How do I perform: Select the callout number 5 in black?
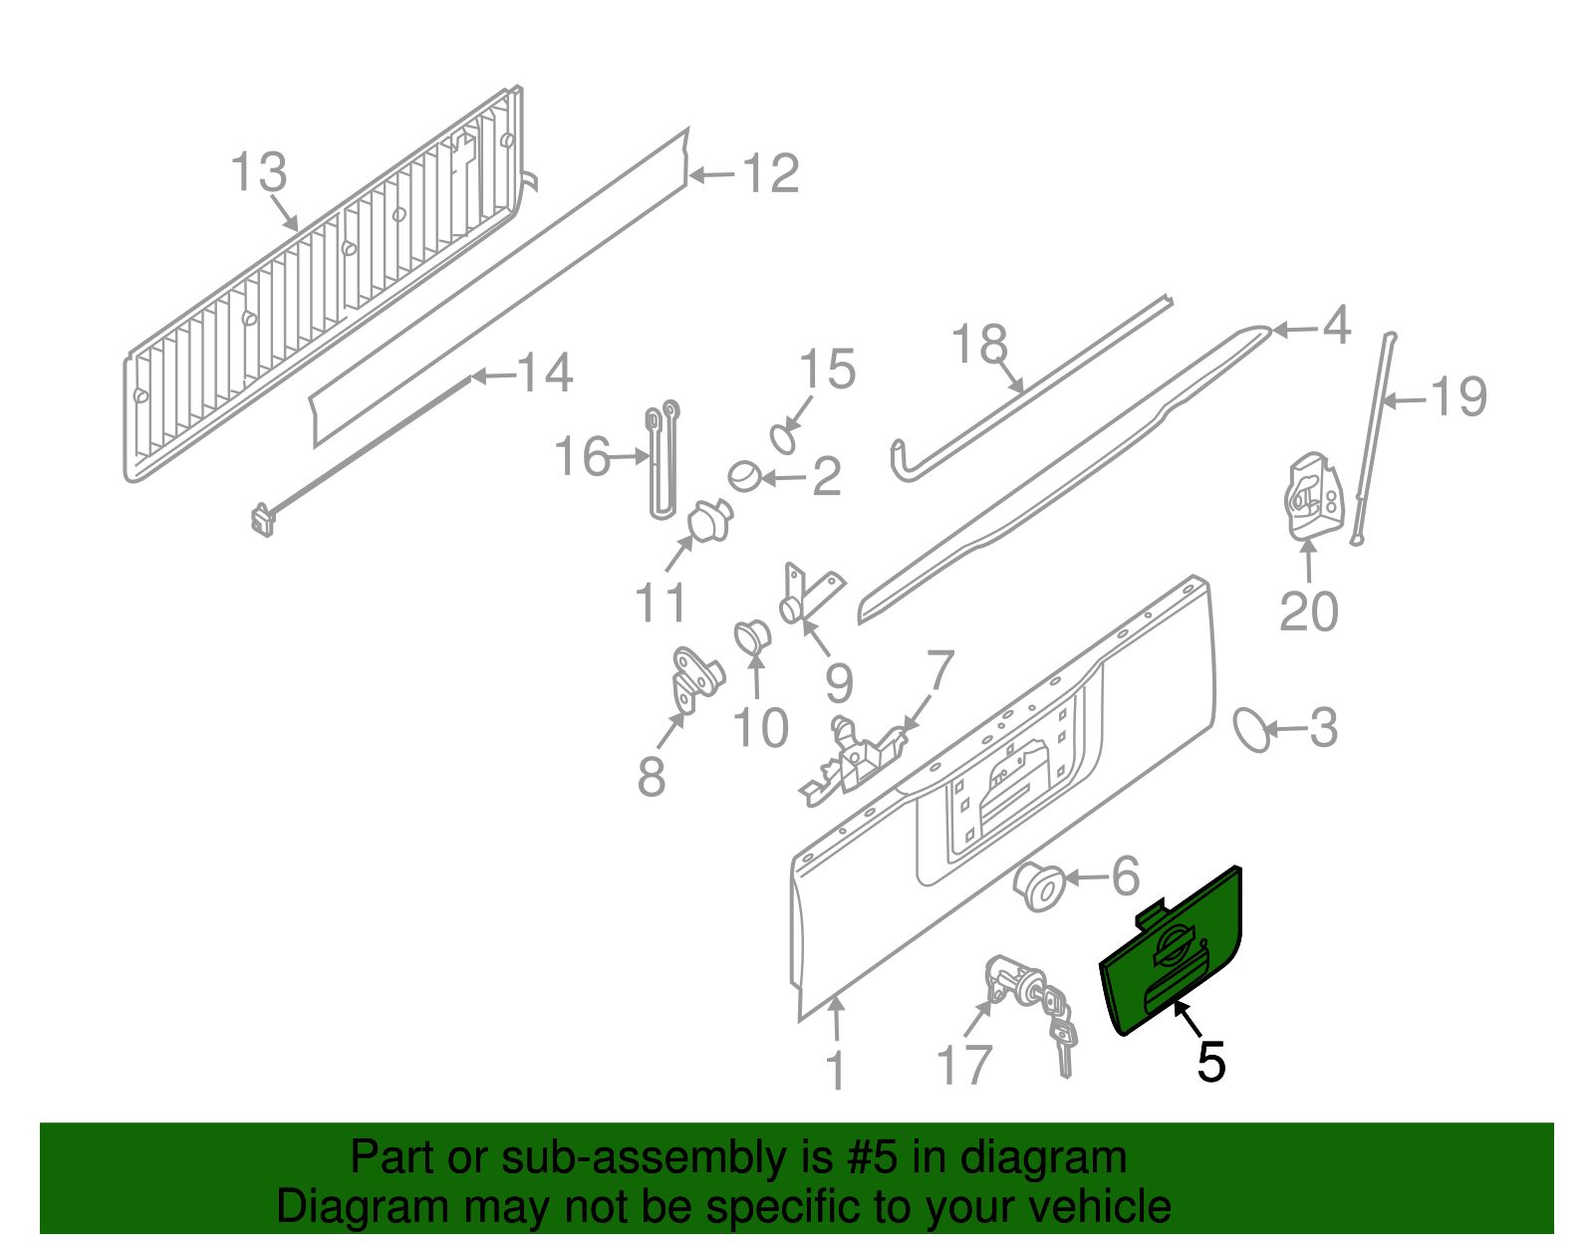click(x=1210, y=1062)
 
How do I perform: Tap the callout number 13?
click(x=259, y=172)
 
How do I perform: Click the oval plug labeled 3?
click(x=1251, y=730)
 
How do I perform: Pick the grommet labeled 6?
click(x=1038, y=886)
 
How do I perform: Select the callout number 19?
click(x=1459, y=397)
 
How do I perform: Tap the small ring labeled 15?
click(x=785, y=439)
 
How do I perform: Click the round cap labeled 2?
click(x=744, y=476)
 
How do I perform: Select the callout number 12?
click(x=770, y=174)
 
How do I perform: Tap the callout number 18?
click(x=980, y=345)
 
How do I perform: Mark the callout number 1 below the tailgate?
click(x=835, y=1072)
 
